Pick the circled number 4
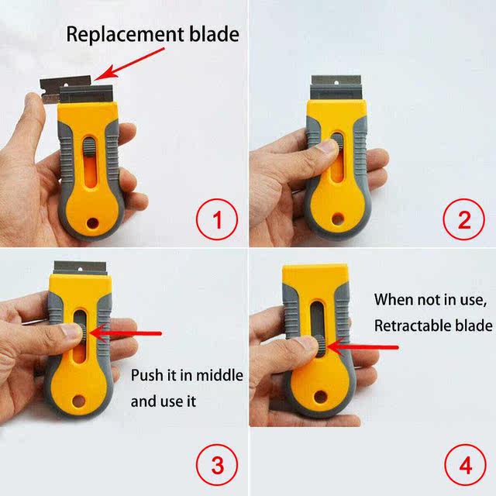point(464,465)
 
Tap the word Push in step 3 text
point(146,377)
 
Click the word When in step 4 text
point(394,299)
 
